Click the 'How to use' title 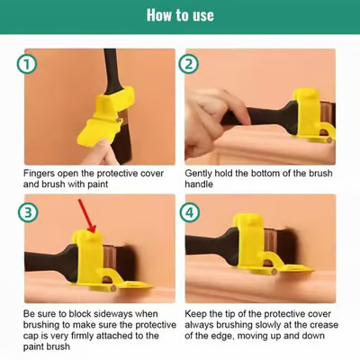pyautogui.click(x=180, y=15)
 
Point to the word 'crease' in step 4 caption pyautogui.click(x=317, y=326)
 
